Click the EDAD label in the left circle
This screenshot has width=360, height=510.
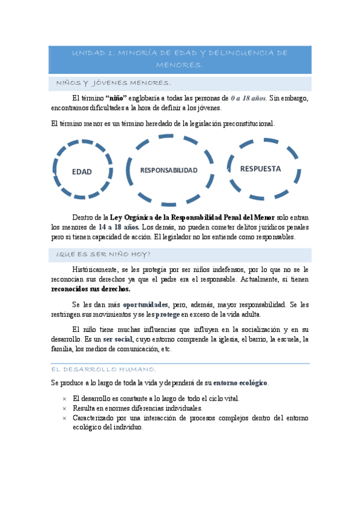point(82,171)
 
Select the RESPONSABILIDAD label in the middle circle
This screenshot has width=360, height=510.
point(169,170)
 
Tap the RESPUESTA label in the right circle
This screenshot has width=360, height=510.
point(260,168)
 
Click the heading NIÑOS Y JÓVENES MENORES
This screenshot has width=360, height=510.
point(114,83)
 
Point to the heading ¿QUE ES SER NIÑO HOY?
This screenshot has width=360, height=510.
point(103,254)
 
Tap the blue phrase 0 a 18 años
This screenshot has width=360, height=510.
point(248,98)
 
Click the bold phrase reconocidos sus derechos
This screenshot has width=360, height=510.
point(91,289)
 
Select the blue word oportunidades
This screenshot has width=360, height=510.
point(146,304)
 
